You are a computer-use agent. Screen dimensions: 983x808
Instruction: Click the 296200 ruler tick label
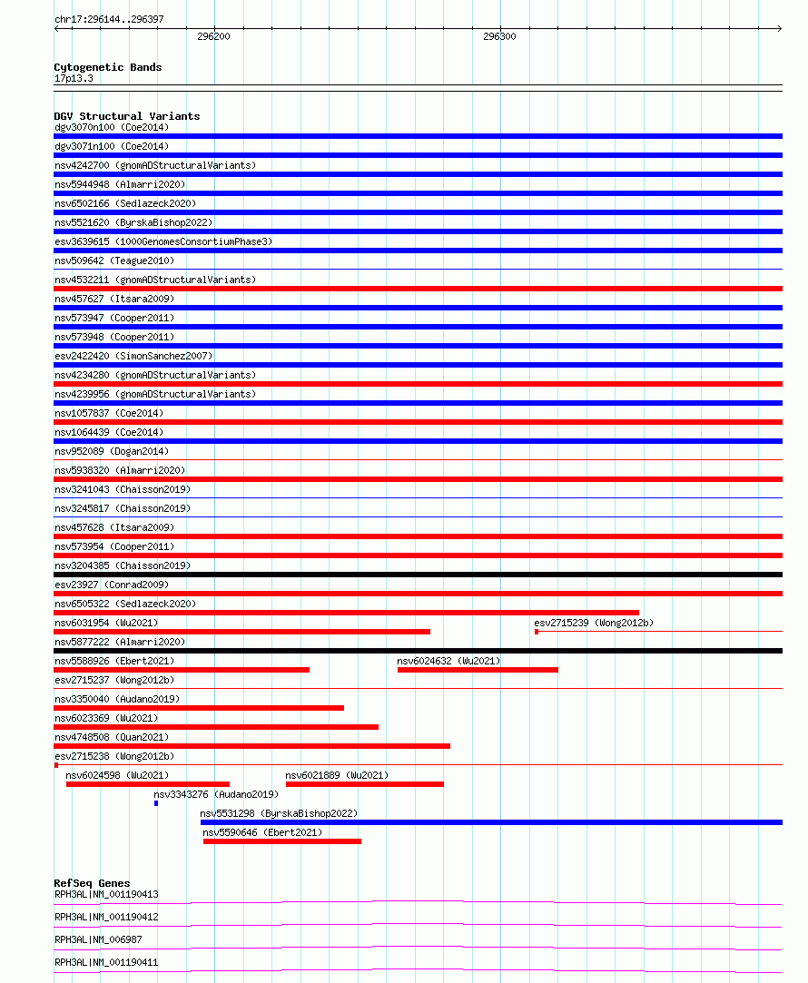coord(213,37)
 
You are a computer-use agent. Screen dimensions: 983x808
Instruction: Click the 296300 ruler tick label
coord(499,37)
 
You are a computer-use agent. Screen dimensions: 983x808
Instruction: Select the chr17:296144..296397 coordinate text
coord(109,19)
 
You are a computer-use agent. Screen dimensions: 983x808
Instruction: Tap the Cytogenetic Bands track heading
coord(108,67)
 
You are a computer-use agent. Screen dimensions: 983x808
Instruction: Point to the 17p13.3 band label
coord(74,78)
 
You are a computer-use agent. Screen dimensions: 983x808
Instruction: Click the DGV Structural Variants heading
coord(127,116)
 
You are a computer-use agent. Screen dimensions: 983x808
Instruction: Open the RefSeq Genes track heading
coord(92,883)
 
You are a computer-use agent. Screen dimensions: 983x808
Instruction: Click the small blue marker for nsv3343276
coord(156,803)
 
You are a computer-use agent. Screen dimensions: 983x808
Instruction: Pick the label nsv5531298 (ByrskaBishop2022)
coord(279,813)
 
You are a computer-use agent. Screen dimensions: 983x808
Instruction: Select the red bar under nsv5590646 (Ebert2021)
coord(281,841)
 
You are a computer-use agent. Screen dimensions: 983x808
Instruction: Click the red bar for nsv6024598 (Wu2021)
coord(147,784)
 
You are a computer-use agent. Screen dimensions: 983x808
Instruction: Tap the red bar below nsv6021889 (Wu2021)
coord(364,784)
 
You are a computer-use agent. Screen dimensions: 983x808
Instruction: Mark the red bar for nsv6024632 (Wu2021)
coord(478,670)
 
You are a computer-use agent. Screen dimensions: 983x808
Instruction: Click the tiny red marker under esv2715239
coord(537,632)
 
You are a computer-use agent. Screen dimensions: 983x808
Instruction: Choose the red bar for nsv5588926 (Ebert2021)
coord(182,670)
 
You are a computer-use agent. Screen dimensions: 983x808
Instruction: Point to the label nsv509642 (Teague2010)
coord(114,260)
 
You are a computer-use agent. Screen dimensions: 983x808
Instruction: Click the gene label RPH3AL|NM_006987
coord(98,939)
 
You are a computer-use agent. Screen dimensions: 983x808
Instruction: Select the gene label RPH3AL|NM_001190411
coord(106,962)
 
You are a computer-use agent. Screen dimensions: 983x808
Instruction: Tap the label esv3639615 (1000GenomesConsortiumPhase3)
coord(163,241)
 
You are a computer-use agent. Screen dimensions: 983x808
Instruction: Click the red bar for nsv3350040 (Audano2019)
coord(199,708)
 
